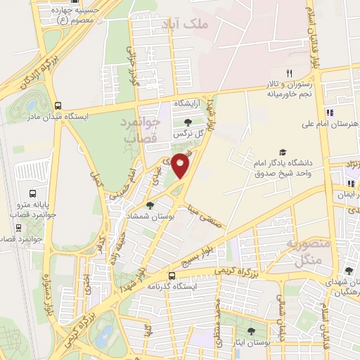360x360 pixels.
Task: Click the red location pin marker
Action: tap(181, 164)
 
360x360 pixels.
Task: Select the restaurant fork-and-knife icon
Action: tap(289, 73)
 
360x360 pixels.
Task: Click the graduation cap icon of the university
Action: tap(283, 152)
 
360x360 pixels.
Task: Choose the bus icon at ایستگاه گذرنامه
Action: tap(173, 276)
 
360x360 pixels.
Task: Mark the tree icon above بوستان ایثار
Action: tap(252, 330)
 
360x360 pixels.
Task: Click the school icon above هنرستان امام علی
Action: tap(330, 112)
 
